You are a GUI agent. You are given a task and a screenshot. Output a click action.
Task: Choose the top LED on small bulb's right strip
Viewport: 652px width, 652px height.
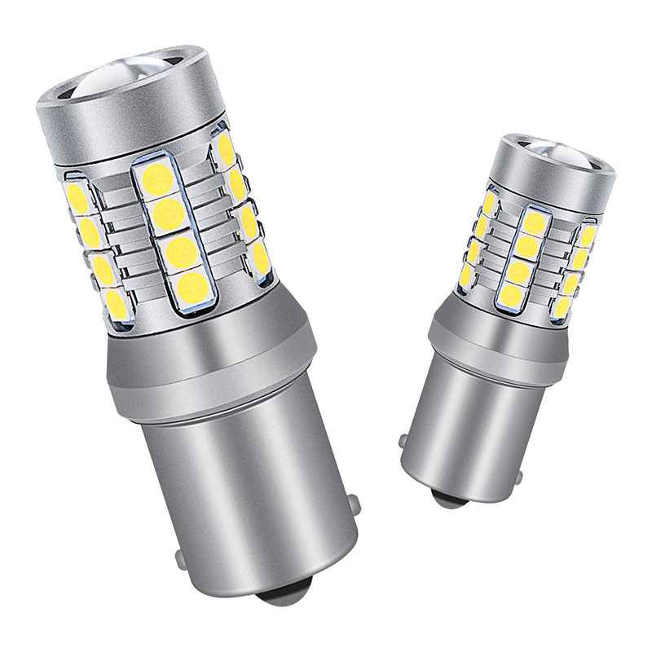pyautogui.click(x=588, y=237)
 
